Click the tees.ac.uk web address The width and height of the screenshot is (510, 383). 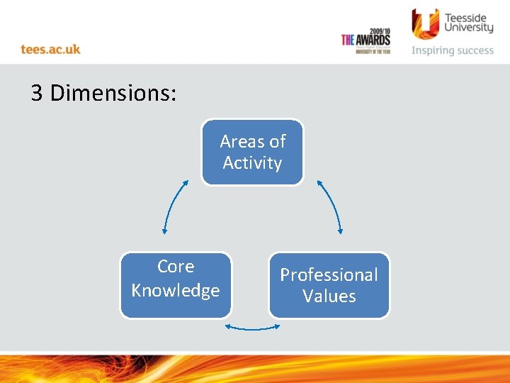pyautogui.click(x=50, y=49)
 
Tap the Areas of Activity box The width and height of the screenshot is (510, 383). pyautogui.click(x=252, y=152)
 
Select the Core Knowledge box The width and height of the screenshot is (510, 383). pyautogui.click(x=176, y=285)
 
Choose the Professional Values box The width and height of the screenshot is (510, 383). pyautogui.click(x=329, y=285)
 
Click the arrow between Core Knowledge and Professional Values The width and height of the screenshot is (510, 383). pyautogui.click(x=252, y=328)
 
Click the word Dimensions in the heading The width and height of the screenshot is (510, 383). pyautogui.click(x=113, y=93)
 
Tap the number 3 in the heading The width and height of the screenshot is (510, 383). pyautogui.click(x=37, y=93)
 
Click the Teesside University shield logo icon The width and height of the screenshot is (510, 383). pyautogui.click(x=425, y=23)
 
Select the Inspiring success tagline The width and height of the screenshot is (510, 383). pyautogui.click(x=453, y=50)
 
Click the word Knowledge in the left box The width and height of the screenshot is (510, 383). pyautogui.click(x=176, y=291)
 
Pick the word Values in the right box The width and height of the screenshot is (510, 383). pyautogui.click(x=329, y=296)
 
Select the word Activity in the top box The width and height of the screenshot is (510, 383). pyautogui.click(x=252, y=163)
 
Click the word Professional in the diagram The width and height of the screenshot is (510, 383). pyautogui.click(x=329, y=274)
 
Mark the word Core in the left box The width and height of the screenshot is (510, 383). pyautogui.click(x=176, y=267)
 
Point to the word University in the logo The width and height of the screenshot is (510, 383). pyautogui.click(x=468, y=28)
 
